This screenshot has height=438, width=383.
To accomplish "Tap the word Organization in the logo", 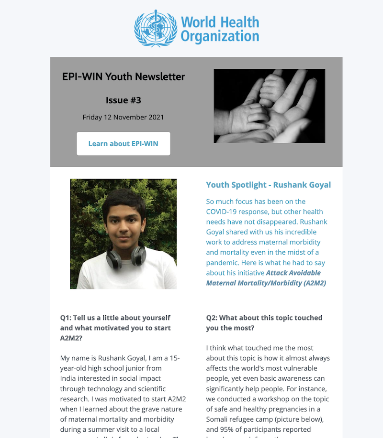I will (220, 36).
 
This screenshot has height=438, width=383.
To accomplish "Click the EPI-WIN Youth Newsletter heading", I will (124, 76).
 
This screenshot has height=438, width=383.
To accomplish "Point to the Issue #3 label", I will (124, 100).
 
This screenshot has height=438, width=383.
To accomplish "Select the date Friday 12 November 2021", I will (124, 117).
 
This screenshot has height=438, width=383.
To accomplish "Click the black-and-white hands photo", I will (269, 106).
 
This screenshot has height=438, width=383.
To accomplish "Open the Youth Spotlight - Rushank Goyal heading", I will (268, 185).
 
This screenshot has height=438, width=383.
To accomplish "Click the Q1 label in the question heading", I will (66, 318).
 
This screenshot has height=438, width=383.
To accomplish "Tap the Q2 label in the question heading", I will (212, 318).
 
